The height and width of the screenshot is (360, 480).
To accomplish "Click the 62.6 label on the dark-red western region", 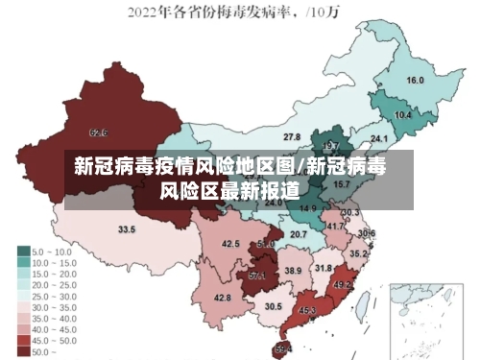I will (x=98, y=132).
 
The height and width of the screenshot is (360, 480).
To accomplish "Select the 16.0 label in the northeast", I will (x=415, y=80).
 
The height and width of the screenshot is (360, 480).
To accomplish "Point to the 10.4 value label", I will (x=403, y=114).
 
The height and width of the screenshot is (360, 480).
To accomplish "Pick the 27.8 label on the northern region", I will (x=292, y=137).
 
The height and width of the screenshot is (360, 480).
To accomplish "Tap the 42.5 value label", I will (x=230, y=244).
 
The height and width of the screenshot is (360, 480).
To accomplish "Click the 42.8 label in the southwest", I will (x=222, y=298).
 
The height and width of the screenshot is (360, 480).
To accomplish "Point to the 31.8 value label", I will (x=324, y=268).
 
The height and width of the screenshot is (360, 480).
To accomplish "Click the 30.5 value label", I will (x=273, y=306).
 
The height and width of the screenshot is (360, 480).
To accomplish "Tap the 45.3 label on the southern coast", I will (x=307, y=311).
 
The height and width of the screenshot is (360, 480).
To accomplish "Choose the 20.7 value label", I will (x=299, y=233).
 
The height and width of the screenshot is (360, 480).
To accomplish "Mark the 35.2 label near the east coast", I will (x=357, y=253).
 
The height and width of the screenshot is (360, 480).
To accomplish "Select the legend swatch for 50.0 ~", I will (x=23, y=351).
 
